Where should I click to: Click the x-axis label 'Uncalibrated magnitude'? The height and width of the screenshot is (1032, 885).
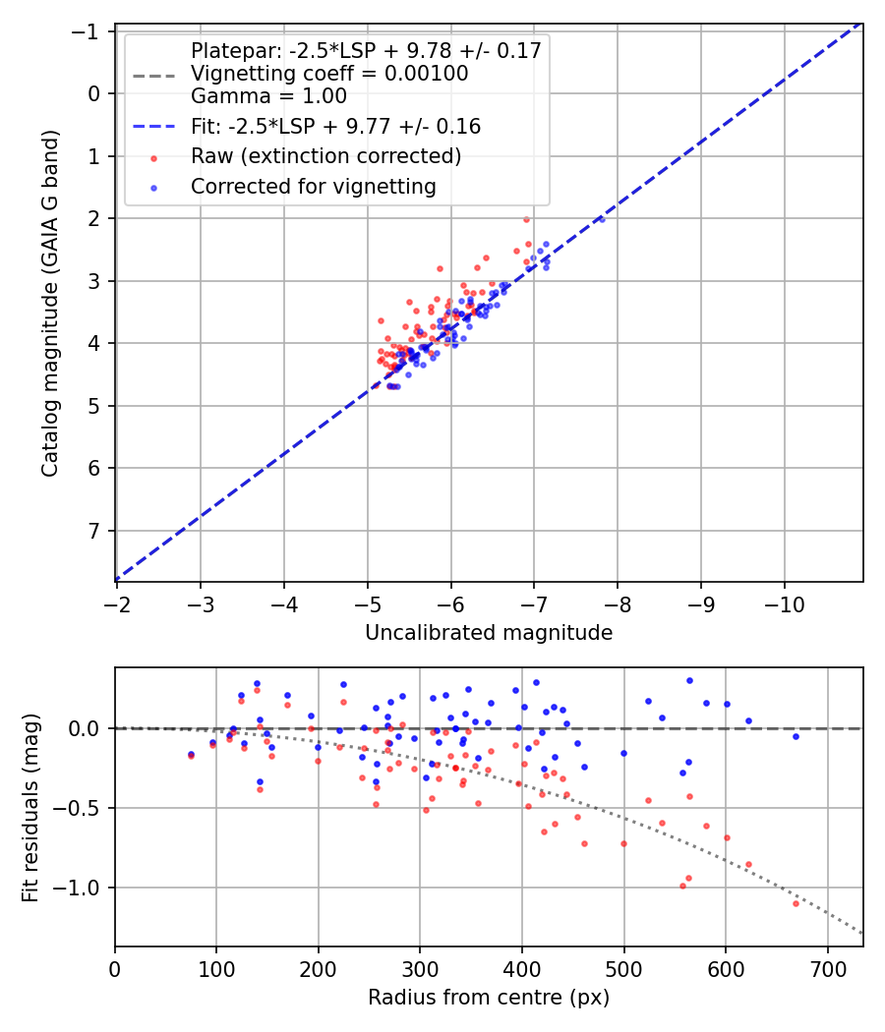489,633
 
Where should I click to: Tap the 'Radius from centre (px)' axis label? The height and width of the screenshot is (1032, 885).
489,998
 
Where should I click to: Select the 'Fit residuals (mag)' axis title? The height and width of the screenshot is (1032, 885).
29,807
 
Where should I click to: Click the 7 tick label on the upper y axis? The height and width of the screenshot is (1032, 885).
95,532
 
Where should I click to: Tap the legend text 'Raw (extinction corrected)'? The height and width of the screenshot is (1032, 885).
325,156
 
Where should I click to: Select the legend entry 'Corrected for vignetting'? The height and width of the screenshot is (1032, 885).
313,186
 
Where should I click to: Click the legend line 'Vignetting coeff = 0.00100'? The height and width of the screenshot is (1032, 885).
329,74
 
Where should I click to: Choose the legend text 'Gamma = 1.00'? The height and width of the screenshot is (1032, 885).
268,96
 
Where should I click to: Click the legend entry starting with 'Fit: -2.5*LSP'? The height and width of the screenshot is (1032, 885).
335,127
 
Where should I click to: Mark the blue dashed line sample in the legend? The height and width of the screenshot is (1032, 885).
153,127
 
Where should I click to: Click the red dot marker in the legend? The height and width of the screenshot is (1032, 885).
153,157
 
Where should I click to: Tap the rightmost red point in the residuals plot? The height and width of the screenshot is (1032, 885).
796,902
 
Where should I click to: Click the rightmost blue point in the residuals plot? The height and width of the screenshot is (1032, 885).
796,736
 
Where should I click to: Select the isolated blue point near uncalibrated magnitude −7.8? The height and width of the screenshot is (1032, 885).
602,219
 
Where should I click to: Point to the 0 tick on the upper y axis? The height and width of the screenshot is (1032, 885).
95,94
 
